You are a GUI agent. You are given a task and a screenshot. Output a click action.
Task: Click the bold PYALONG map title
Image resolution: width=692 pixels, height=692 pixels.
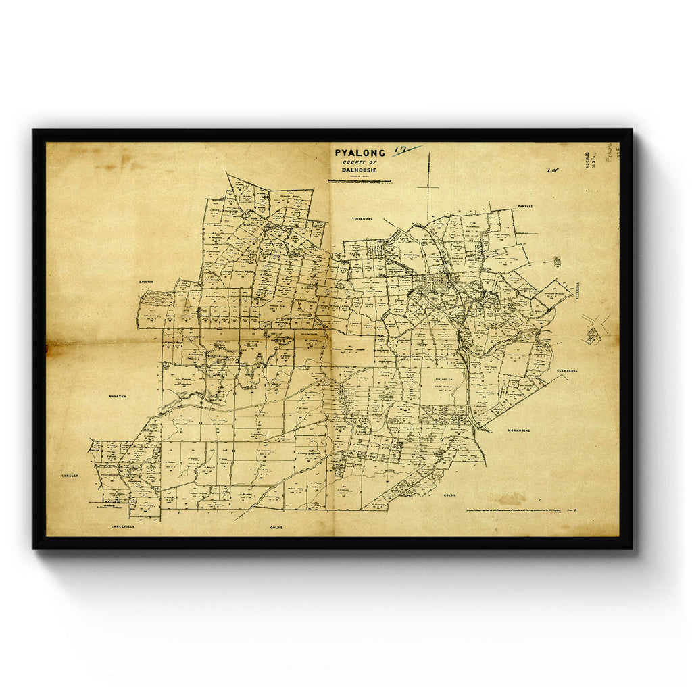pyautogui.click(x=360, y=153)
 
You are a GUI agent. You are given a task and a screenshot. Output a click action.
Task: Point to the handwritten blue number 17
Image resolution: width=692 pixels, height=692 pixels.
pyautogui.click(x=406, y=149)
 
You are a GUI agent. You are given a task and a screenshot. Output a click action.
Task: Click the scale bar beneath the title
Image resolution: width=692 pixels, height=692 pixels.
pyautogui.click(x=360, y=182)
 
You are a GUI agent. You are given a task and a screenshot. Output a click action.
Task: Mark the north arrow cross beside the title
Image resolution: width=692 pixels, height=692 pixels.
pyautogui.click(x=428, y=184)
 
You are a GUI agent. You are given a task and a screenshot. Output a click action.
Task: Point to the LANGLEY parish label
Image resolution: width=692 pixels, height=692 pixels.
pyautogui.click(x=70, y=476)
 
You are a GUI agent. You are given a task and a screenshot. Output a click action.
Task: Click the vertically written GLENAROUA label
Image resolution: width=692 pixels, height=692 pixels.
pyautogui.click(x=579, y=290)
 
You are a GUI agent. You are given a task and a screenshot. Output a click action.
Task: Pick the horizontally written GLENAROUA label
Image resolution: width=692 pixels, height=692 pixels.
pyautogui.click(x=569, y=371)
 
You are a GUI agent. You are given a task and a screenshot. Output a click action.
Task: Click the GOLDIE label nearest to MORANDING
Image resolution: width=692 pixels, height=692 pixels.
pyautogui.click(x=450, y=495)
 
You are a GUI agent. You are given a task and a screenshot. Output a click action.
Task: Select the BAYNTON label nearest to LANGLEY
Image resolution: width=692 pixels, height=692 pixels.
pyautogui.click(x=118, y=397)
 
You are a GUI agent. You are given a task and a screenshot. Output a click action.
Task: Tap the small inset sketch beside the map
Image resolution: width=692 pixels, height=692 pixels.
pyautogui.click(x=594, y=331)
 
